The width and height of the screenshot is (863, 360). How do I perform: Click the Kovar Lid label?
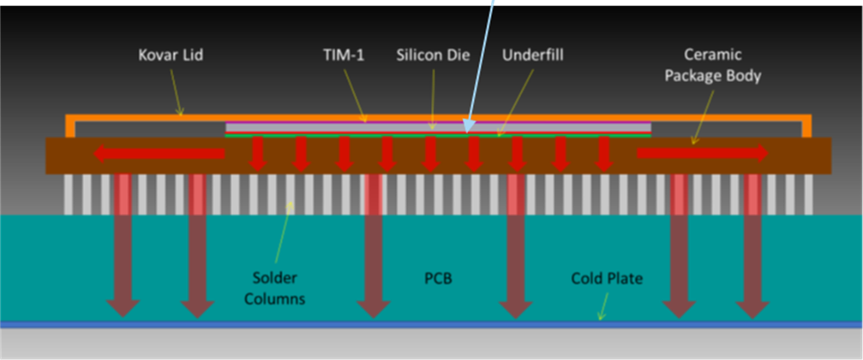(x=171, y=55)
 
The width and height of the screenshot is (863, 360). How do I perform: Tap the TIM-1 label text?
(x=343, y=55)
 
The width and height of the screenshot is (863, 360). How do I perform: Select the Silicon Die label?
(x=432, y=55)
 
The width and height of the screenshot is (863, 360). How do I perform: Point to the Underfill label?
(x=533, y=55)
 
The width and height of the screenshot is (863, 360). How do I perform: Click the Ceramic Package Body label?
(x=713, y=65)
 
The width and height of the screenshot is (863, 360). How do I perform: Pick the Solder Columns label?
(x=274, y=288)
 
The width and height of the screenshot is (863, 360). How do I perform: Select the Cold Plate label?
(x=607, y=278)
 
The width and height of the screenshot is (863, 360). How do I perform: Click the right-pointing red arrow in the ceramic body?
(x=702, y=154)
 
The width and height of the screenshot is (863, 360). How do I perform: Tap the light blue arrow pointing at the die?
(x=481, y=67)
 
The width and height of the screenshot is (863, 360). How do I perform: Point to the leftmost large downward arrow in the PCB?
(x=123, y=256)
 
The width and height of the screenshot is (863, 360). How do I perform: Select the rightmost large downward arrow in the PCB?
(x=752, y=256)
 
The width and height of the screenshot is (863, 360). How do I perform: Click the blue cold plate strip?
(x=431, y=325)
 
